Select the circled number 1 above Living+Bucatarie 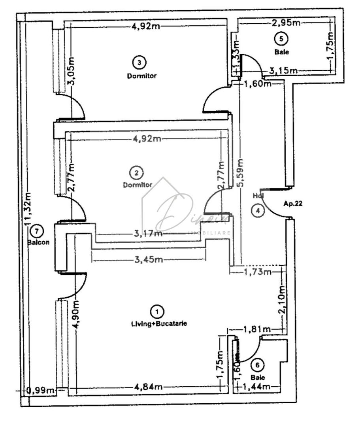click(x=158, y=312)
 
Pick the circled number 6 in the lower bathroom click(x=257, y=365)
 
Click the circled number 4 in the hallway click(x=258, y=211)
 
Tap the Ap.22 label click(x=293, y=204)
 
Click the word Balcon click(x=38, y=242)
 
